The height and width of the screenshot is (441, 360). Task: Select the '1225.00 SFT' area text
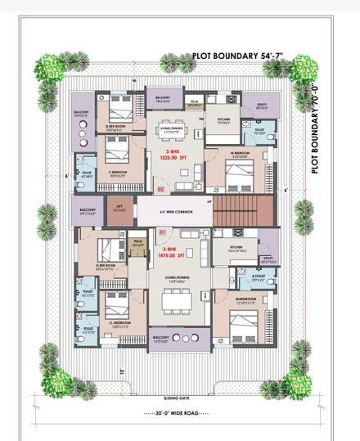[x=173, y=160]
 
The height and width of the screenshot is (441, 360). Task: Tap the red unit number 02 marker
[x=160, y=189]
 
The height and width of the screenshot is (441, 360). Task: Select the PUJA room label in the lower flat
[x=137, y=243]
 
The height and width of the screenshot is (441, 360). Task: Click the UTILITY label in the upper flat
[x=261, y=106]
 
